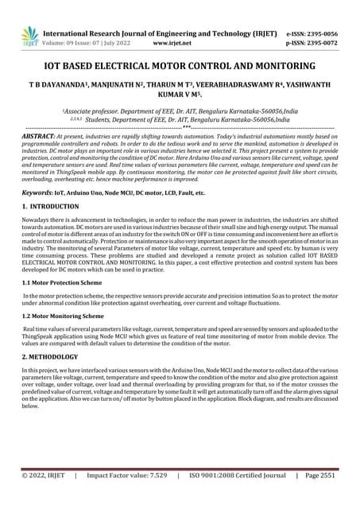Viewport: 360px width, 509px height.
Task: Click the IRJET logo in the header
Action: (x=29, y=34)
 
